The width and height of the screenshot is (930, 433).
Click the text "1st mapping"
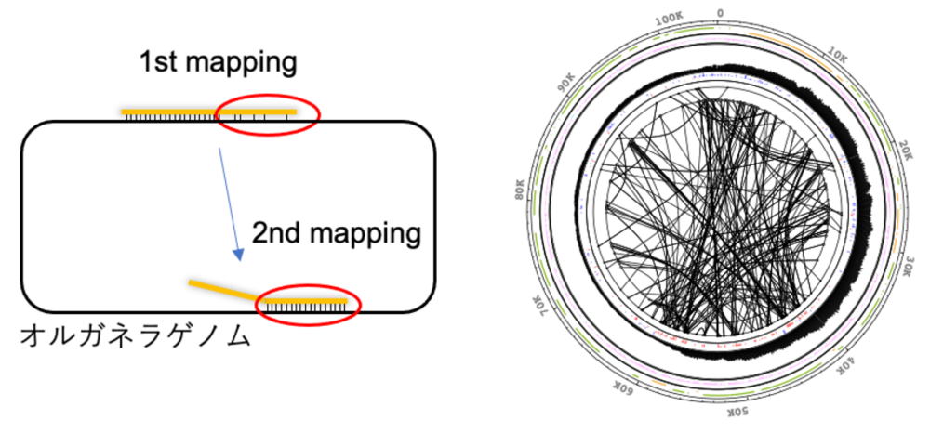tap(217, 62)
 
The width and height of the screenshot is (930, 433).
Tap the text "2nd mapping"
tap(337, 234)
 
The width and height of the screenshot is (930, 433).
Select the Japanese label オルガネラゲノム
tap(135, 336)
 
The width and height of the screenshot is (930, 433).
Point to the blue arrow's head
tap(238, 254)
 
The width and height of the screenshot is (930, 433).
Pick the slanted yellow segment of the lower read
tap(224, 289)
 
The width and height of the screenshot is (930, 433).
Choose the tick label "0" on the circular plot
tap(720, 13)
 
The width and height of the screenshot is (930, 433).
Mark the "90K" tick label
tap(565, 84)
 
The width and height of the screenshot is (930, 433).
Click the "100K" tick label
tap(671, 20)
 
